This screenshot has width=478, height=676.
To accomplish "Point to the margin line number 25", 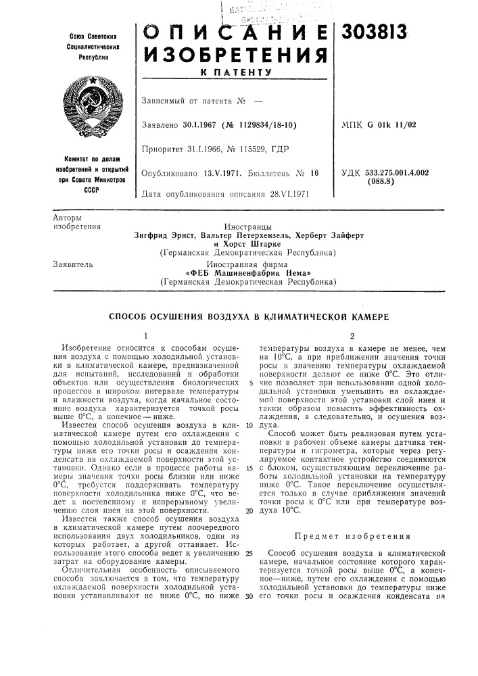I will [x=249, y=553].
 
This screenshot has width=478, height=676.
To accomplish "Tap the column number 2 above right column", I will [x=352, y=335].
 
